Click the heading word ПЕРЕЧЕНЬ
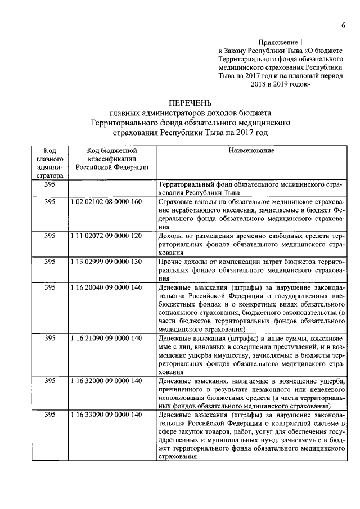(191, 102)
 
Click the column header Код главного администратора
(49, 163)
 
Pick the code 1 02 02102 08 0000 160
(107, 201)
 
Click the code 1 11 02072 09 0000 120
(107, 236)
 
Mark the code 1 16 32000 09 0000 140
(107, 381)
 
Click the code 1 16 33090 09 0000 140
(107, 415)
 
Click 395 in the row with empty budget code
(49, 184)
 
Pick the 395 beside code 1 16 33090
(49, 415)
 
